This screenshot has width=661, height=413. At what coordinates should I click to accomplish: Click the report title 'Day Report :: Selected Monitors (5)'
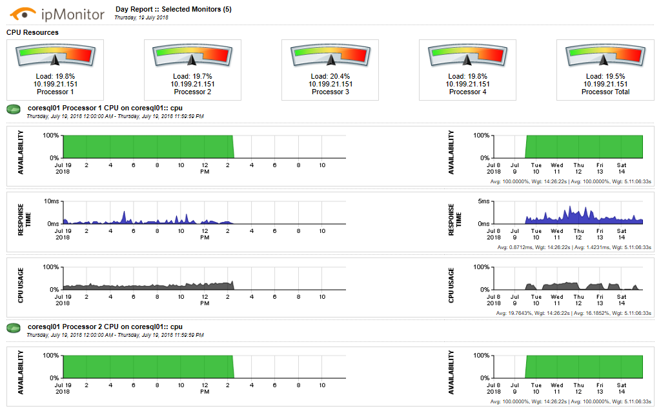click(x=173, y=10)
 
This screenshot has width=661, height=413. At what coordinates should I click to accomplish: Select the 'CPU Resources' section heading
click(x=32, y=32)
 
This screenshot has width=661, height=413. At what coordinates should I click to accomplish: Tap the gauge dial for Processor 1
click(x=54, y=56)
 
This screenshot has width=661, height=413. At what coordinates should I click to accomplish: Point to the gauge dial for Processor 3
click(x=330, y=56)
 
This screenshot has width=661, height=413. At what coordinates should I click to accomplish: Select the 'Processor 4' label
click(x=467, y=92)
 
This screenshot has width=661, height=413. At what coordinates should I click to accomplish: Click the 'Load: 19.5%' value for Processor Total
click(x=605, y=76)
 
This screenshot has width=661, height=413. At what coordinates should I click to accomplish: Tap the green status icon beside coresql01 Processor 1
click(x=14, y=110)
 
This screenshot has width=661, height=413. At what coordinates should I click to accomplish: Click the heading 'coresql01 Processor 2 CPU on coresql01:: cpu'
click(x=105, y=327)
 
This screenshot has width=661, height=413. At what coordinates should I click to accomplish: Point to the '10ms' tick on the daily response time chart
click(x=51, y=201)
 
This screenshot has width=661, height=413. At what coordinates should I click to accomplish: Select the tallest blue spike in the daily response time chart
click(x=125, y=214)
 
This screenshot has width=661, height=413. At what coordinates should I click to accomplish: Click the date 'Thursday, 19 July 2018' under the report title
click(x=141, y=18)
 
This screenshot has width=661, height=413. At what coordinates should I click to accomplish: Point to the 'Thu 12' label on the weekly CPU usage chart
click(x=578, y=300)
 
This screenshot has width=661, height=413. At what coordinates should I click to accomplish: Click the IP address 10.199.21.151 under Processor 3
click(x=330, y=84)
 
